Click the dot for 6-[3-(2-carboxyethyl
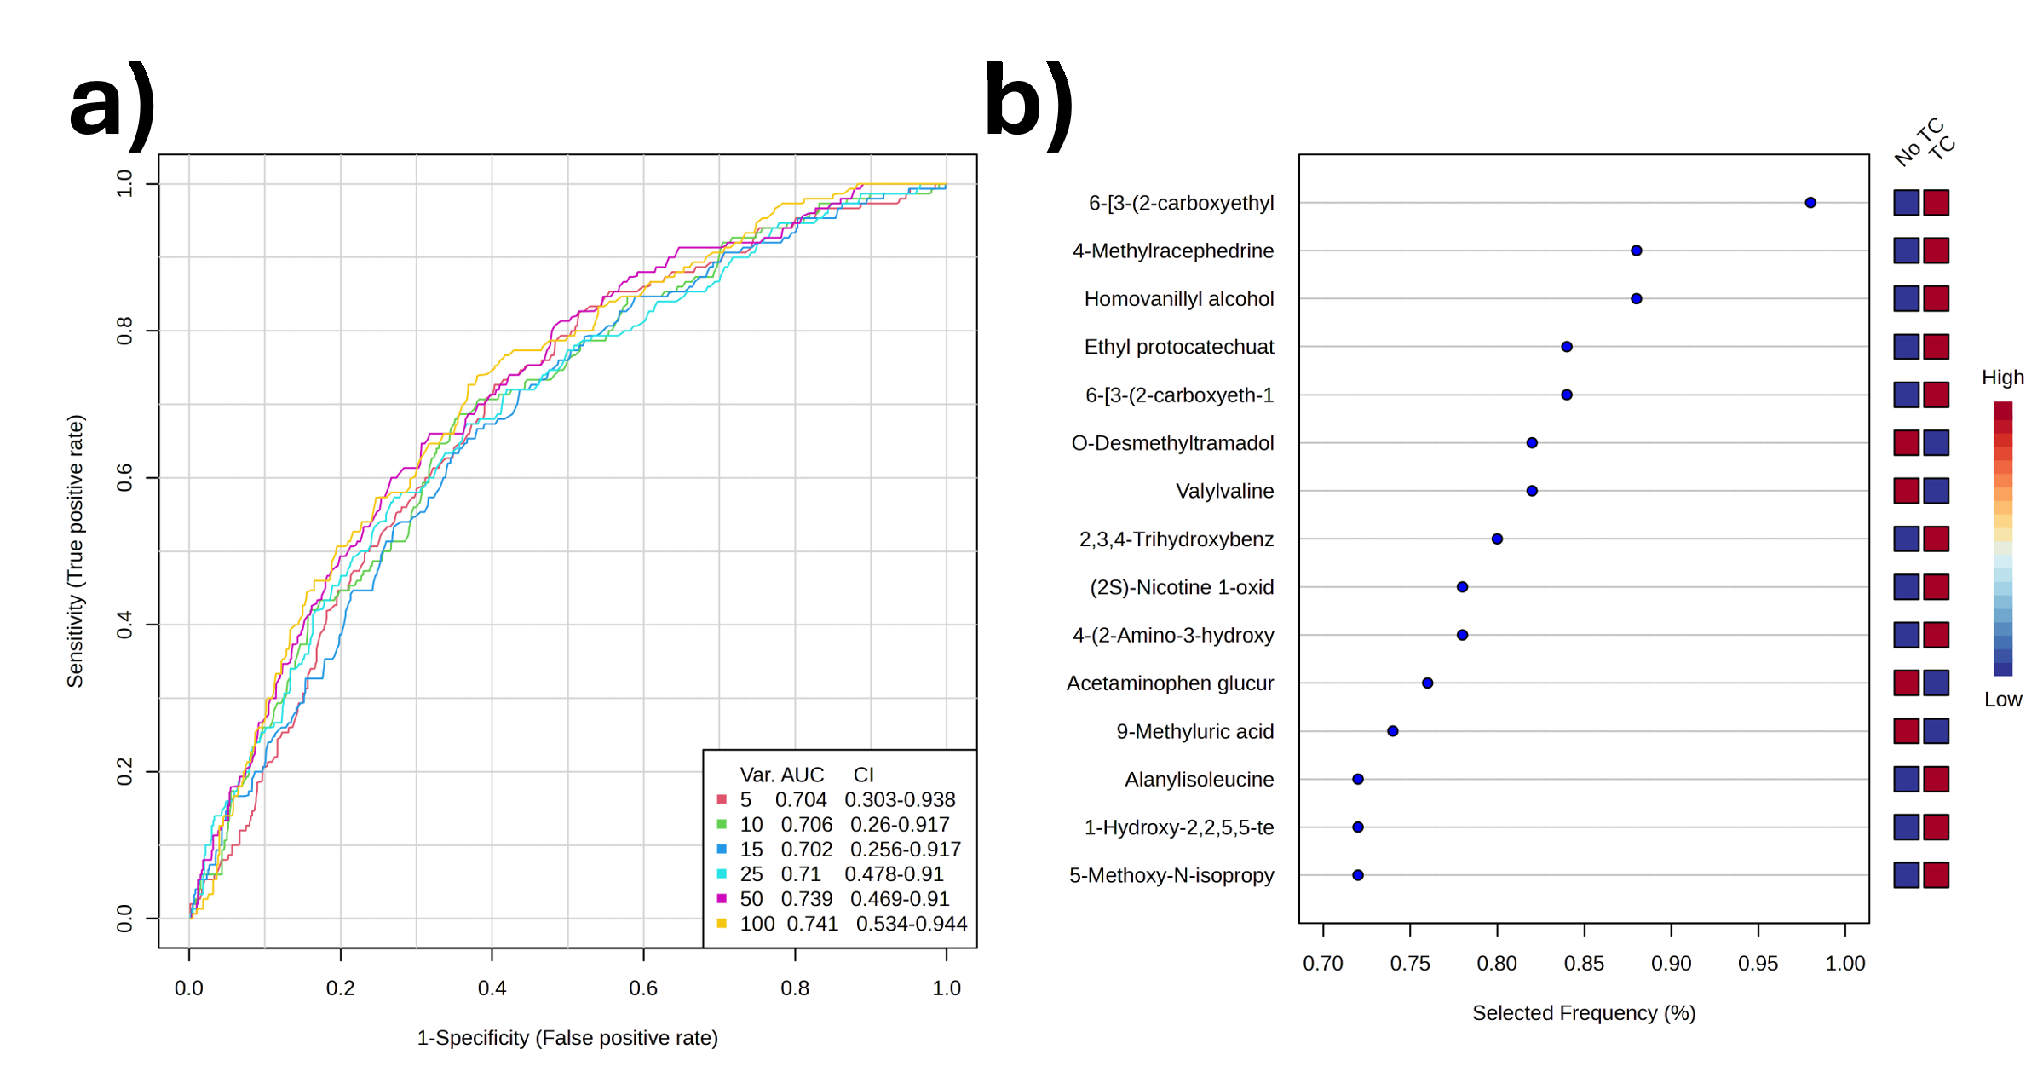coord(1810,203)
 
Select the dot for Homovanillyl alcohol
coord(1636,299)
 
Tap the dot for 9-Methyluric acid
coord(1392,731)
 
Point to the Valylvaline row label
coord(1224,492)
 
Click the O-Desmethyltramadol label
coord(1172,443)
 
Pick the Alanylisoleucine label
coord(1199,780)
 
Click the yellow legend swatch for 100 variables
coord(722,924)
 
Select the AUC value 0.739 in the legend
coord(806,899)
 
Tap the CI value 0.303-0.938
coord(900,800)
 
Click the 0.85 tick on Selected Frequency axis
coord(1584,964)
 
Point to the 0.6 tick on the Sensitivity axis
coord(125,478)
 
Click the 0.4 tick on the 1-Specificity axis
coord(492,988)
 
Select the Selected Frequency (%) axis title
coord(1584,1013)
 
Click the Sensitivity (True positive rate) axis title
coord(76,551)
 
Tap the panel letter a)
coord(112,105)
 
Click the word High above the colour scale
coord(2002,378)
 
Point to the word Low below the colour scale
coord(2002,700)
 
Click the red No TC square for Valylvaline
coord(1906,491)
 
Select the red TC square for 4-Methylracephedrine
coord(1936,251)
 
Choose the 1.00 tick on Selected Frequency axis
coord(1844,964)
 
